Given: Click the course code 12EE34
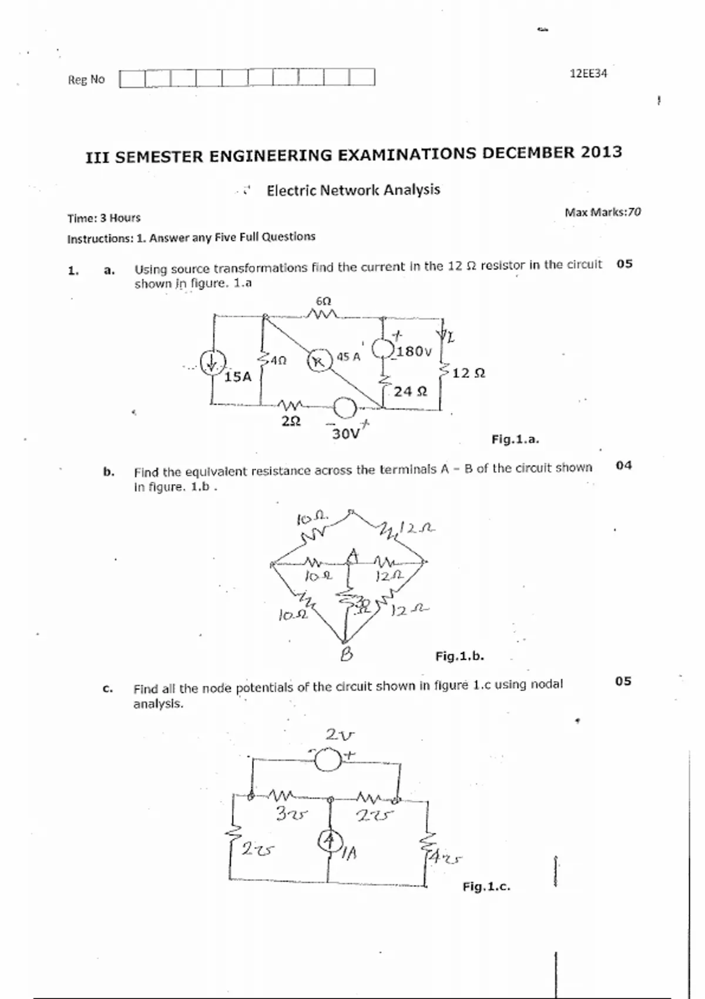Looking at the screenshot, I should click(588, 73).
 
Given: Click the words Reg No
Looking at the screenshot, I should click(86, 79).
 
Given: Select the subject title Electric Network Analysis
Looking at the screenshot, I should click(353, 190).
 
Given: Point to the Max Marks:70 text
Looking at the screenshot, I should click(602, 212).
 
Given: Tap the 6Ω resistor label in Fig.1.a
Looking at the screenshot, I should click(323, 301).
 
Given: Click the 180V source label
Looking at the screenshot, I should click(414, 351).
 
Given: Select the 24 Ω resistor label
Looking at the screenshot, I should click(410, 391).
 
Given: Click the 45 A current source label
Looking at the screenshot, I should click(348, 357).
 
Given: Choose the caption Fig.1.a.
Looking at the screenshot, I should click(515, 439).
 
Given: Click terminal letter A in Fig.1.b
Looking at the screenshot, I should click(352, 555).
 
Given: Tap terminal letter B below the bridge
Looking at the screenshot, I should click(347, 654).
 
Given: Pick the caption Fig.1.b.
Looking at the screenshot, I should click(459, 656).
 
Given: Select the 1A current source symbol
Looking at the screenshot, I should click(330, 841).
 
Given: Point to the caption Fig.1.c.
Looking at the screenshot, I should click(486, 886).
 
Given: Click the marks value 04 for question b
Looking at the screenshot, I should click(624, 465).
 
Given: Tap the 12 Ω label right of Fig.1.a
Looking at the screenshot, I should click(468, 373).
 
